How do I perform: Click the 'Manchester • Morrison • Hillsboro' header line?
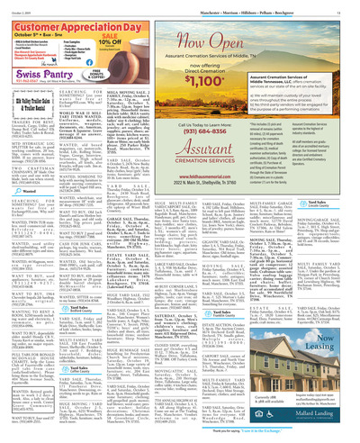point(271,5)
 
